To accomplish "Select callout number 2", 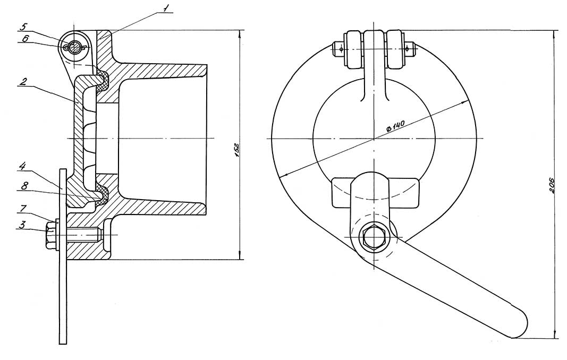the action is pyautogui.click(x=22, y=82).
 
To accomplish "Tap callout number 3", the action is pyautogui.click(x=22, y=225).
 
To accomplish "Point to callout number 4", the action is pyautogui.click(x=22, y=167).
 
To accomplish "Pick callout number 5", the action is pyautogui.click(x=23, y=27).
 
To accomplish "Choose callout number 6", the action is pyautogui.click(x=24, y=39).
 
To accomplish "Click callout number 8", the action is pyautogui.click(x=24, y=187).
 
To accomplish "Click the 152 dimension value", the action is pyautogui.click(x=236, y=150).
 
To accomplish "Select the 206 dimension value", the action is pyautogui.click(x=552, y=185).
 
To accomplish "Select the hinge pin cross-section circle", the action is pyautogui.click(x=75, y=47).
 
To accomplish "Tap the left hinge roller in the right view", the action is pyautogui.click(x=354, y=49).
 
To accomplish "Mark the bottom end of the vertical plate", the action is pyautogui.click(x=63, y=344).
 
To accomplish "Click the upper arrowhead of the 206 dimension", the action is pyautogui.click(x=555, y=33).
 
